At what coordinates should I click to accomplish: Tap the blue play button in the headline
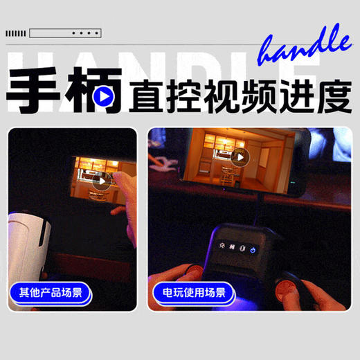(103, 97)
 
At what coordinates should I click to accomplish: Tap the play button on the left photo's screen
(102, 181)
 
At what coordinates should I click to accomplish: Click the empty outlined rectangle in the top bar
(48, 33)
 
